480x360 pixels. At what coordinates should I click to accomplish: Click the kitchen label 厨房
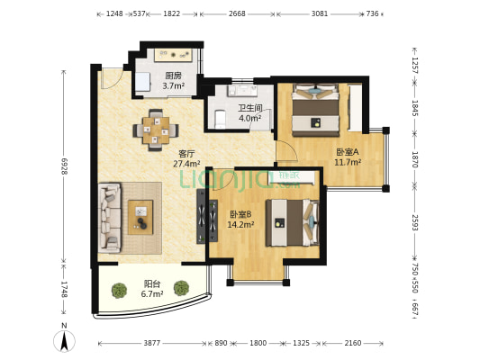(x=173, y=76)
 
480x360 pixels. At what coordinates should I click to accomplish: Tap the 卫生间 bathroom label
(x=250, y=108)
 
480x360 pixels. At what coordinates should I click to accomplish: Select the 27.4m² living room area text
(x=186, y=164)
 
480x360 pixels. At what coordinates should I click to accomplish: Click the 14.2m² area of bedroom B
(x=240, y=225)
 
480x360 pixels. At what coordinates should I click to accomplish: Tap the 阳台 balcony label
(x=152, y=283)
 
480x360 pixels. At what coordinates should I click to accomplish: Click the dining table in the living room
(x=156, y=130)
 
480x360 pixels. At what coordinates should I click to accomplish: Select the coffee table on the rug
(x=140, y=217)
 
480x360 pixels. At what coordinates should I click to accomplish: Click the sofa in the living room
(x=109, y=218)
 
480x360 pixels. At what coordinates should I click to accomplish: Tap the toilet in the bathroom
(x=220, y=120)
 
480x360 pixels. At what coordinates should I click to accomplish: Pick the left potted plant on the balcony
(x=119, y=291)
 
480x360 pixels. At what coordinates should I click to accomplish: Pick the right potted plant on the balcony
(x=181, y=288)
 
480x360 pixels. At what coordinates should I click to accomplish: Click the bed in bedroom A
(x=315, y=110)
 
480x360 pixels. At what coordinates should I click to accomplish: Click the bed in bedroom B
(x=293, y=222)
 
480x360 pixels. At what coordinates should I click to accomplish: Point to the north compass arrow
(x=64, y=341)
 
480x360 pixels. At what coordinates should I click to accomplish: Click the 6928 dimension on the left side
(x=64, y=166)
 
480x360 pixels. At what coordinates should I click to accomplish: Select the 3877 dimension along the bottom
(x=152, y=343)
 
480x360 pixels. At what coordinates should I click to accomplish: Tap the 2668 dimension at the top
(x=237, y=13)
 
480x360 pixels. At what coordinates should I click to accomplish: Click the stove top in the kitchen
(x=173, y=55)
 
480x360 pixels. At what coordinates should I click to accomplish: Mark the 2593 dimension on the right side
(x=415, y=222)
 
